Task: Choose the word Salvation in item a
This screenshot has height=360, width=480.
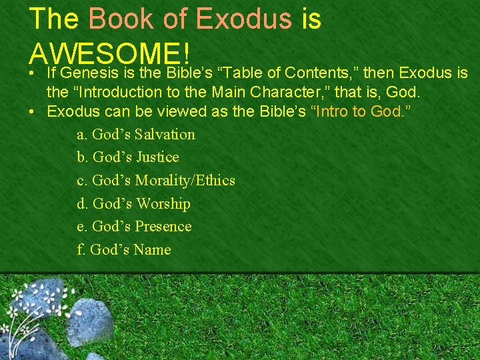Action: point(165,134)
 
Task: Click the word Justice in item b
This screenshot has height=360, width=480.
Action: point(157,157)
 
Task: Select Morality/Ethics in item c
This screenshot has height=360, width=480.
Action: point(185,181)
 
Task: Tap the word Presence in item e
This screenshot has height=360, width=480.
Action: point(163,227)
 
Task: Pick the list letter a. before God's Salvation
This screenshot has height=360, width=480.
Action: point(82,135)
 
